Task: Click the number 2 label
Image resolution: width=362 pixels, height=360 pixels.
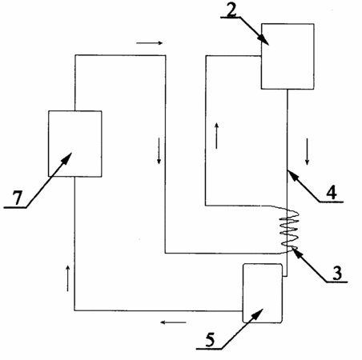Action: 231,10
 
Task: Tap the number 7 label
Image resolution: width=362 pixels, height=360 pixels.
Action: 17,198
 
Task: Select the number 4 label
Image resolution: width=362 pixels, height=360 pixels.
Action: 332,193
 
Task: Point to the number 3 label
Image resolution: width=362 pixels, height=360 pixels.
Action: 337,273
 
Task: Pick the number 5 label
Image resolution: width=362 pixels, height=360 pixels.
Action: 210,340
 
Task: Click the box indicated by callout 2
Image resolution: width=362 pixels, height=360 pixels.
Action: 288,56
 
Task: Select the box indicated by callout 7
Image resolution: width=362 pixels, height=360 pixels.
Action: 75,143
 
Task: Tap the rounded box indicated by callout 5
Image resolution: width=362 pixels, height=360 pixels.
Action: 262,293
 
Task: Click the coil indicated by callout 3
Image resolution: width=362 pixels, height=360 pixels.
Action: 289,230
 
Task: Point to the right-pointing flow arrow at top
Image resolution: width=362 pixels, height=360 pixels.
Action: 149,43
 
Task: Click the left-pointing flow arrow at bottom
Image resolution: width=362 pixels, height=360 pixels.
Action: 173,322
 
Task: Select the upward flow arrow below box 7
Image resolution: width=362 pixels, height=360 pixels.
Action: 68,278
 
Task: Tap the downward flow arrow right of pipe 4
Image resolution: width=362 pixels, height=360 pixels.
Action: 307,151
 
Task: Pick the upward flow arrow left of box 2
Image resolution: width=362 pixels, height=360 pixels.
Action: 216,136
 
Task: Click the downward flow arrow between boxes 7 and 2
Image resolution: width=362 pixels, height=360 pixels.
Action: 159,150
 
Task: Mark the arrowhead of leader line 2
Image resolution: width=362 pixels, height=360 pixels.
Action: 264,41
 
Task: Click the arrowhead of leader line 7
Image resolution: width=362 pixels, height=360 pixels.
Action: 67,158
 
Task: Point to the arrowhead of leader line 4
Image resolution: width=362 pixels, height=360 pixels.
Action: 292,174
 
